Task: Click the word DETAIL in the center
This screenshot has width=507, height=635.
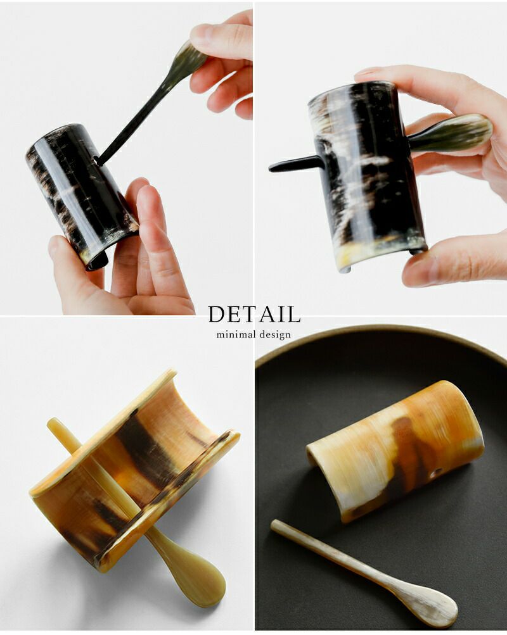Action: [x=254, y=314]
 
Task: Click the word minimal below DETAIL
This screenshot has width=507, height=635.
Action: [x=236, y=334]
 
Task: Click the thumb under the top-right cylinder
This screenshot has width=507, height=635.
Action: [x=450, y=258]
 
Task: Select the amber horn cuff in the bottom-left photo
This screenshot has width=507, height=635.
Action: [x=134, y=469]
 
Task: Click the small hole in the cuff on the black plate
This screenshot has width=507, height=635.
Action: [x=438, y=472]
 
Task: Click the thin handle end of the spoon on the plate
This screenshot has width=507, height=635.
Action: [x=276, y=525]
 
